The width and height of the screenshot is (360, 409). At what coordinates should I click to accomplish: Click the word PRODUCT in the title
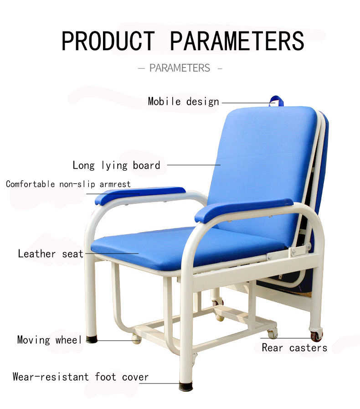coord(108,41)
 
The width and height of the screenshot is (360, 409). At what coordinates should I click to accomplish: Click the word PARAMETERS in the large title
coord(237,41)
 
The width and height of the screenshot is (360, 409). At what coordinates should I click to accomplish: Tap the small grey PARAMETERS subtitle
coord(180,68)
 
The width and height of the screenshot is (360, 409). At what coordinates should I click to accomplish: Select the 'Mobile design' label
coord(183,101)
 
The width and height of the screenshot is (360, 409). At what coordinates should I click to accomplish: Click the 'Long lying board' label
coord(116,165)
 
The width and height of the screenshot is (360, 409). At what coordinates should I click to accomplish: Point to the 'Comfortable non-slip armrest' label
coord(68,184)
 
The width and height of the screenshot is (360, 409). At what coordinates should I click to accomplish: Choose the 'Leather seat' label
coord(51,254)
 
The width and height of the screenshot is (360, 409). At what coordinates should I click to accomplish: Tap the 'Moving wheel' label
coord(49,340)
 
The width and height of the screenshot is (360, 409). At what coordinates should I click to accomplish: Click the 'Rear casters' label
coord(294,347)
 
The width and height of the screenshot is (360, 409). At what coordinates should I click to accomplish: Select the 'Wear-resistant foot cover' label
coord(81,377)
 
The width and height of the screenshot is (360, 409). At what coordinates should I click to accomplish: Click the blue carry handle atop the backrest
coord(276,100)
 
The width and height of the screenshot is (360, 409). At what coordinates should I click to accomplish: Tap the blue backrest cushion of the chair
coord(262,155)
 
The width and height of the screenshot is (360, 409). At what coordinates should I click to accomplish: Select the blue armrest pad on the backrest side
coord(244,209)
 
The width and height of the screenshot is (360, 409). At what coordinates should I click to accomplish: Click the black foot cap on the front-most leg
coord(185,386)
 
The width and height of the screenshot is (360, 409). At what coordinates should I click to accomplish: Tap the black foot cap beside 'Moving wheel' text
coord(92,339)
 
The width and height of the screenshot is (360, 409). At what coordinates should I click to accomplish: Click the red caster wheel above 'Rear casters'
coord(315,337)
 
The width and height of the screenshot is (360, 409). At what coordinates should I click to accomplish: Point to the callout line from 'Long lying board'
coord(194,165)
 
